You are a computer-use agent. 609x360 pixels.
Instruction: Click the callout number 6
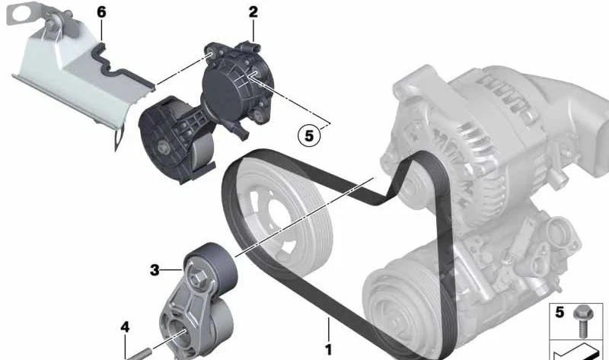point(101,12)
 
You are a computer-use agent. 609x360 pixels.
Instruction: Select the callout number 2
point(253,12)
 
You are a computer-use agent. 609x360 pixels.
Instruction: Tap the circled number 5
point(309,135)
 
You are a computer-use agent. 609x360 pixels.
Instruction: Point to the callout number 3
point(155,269)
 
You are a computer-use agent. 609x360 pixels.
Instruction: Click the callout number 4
point(125,327)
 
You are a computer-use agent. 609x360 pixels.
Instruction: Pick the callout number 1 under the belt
point(329,349)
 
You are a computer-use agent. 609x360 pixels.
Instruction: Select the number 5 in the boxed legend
point(560,312)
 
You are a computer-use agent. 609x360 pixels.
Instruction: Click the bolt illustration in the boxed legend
point(582,320)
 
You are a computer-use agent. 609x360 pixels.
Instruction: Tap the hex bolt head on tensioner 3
point(198,278)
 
